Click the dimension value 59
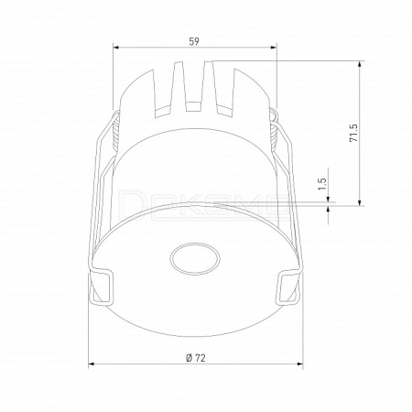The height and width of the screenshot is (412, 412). pyautogui.click(x=194, y=41)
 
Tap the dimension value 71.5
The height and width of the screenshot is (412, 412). pyautogui.click(x=353, y=133)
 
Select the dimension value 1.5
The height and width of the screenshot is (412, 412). pyautogui.click(x=322, y=184)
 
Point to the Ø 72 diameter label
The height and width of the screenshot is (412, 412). pyautogui.click(x=196, y=358)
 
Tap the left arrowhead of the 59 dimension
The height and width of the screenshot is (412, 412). pyautogui.click(x=116, y=48)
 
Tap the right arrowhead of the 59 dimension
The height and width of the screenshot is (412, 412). pyautogui.click(x=274, y=48)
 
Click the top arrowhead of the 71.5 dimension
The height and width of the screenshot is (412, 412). pyautogui.click(x=361, y=64)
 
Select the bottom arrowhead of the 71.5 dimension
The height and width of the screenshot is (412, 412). pyautogui.click(x=361, y=202)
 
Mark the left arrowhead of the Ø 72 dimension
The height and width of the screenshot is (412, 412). pyautogui.click(x=91, y=363)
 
